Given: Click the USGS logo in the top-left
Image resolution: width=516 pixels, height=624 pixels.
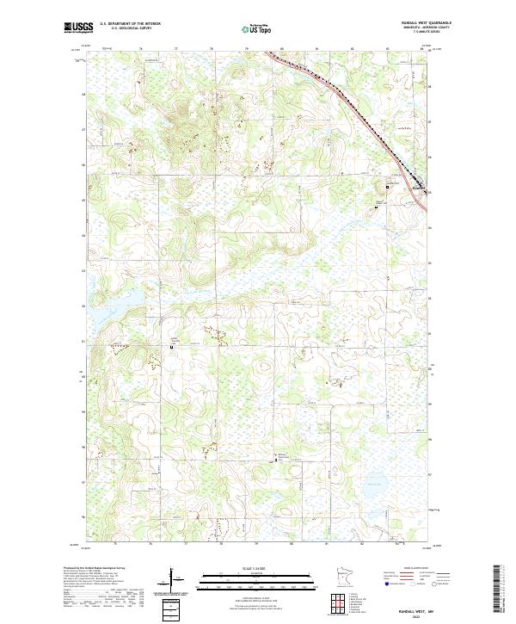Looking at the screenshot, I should coord(78,27).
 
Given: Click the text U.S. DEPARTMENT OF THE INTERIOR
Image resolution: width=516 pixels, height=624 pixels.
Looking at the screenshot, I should coord(130,24).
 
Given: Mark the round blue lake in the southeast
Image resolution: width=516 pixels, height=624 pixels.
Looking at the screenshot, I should coord(378,485).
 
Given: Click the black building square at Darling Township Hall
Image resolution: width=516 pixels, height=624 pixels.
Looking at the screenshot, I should coord(170,348).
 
